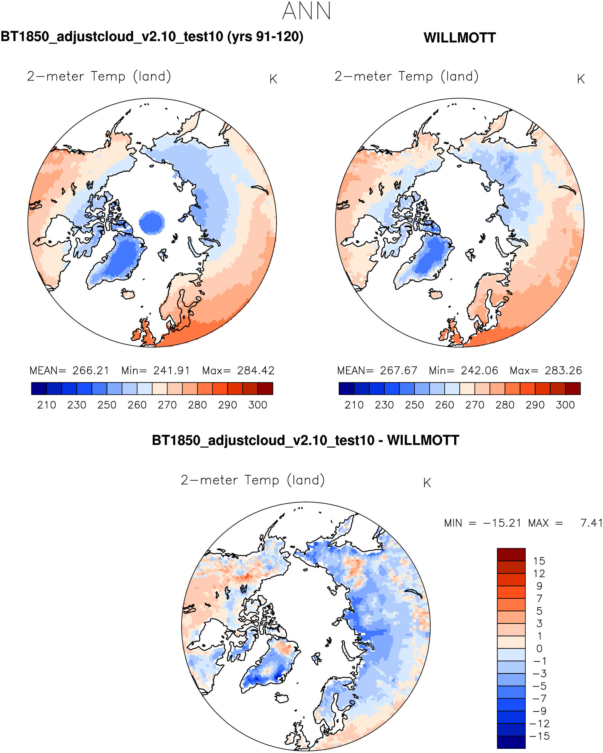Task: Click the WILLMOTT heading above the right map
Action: [459, 38]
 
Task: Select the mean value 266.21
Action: [91, 370]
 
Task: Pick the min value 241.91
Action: [172, 370]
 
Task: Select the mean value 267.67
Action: [399, 370]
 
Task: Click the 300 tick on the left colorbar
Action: [257, 405]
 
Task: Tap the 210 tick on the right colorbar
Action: [354, 405]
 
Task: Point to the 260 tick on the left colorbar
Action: [137, 405]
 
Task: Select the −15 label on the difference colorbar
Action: [539, 736]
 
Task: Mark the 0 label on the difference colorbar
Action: [539, 649]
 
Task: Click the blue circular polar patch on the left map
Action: [152, 222]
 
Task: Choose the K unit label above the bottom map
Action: [427, 483]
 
